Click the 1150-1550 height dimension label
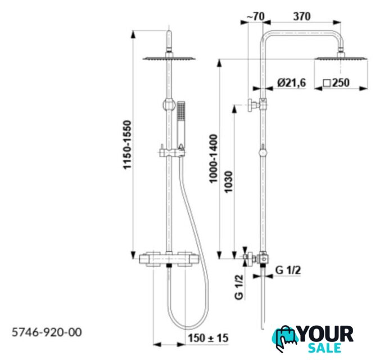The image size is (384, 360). [x=128, y=145]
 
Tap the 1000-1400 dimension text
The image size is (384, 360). [x=213, y=159]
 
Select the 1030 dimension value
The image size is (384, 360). [x=228, y=182]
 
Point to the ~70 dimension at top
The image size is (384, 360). [x=255, y=16]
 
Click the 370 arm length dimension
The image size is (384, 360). [x=302, y=16]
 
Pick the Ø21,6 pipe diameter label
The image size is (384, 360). [x=291, y=83]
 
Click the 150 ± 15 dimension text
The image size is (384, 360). [x=208, y=338]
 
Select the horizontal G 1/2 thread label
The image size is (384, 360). [x=288, y=270]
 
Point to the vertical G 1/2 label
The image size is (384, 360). [x=240, y=287]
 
